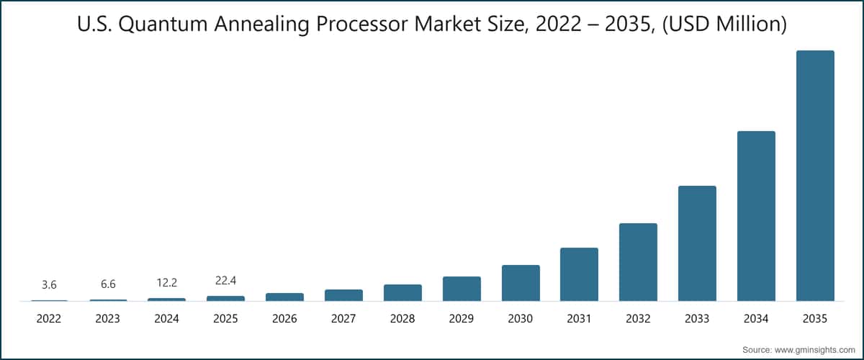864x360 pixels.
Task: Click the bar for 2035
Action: point(815,176)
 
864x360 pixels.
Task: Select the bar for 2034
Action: point(756,216)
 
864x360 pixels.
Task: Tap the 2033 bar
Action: point(697,243)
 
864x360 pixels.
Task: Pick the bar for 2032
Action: point(638,262)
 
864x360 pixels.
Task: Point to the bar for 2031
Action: point(579,274)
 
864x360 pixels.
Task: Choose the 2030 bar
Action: point(521,283)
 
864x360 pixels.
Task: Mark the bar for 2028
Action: point(402,292)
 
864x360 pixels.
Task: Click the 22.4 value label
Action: point(225,281)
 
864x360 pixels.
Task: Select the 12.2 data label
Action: point(166,283)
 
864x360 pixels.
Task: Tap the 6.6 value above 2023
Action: point(108,285)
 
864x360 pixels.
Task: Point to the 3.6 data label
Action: point(49,286)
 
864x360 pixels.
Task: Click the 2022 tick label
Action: point(49,318)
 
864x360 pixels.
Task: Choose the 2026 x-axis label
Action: point(284,318)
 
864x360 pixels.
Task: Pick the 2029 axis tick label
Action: point(462,318)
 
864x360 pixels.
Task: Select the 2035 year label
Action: point(815,318)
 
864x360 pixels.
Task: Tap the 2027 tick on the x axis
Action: point(343,318)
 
